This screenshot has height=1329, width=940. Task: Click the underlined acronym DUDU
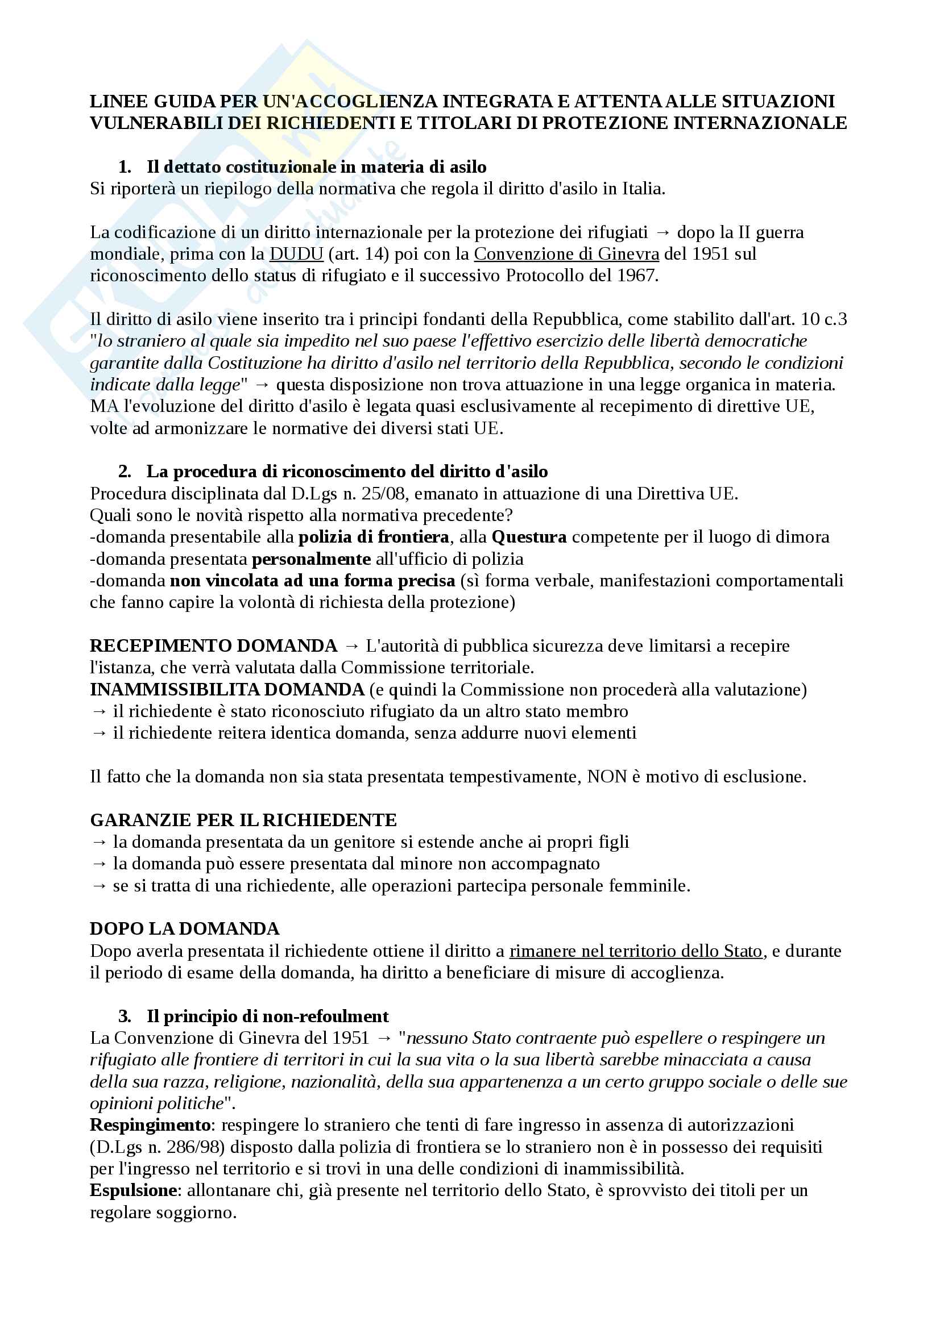pyautogui.click(x=296, y=254)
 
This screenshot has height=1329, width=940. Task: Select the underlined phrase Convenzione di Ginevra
pyautogui.click(x=566, y=254)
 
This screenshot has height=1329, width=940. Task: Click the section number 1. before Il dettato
pyautogui.click(x=125, y=167)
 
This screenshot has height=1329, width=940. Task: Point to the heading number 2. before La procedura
pyautogui.click(x=125, y=472)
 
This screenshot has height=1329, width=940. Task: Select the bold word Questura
pyautogui.click(x=529, y=537)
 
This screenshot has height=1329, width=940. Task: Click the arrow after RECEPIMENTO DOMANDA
pyautogui.click(x=351, y=647)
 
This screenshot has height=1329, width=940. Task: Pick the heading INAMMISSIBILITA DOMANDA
pyautogui.click(x=227, y=690)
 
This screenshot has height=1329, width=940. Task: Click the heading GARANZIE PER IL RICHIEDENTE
pyautogui.click(x=243, y=820)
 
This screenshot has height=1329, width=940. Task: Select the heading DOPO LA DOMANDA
pyautogui.click(x=184, y=929)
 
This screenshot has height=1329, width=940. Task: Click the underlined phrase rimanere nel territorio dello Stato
pyautogui.click(x=635, y=951)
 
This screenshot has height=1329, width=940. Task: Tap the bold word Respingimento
pyautogui.click(x=150, y=1125)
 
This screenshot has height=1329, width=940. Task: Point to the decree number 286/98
pyautogui.click(x=188, y=1147)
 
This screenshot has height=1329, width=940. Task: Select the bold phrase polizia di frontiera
pyautogui.click(x=374, y=537)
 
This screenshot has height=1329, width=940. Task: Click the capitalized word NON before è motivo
pyautogui.click(x=607, y=777)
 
